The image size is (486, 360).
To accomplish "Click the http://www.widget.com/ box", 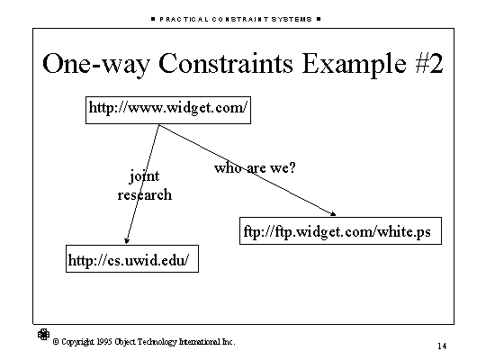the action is (168, 110).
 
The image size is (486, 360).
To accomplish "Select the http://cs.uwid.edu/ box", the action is (132, 258).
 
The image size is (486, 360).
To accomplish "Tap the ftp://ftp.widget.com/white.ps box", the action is (340, 230).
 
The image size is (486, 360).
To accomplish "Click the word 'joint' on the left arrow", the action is (144, 176).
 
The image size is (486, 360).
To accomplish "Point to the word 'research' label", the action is (144, 194).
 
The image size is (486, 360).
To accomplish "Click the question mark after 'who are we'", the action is (292, 167).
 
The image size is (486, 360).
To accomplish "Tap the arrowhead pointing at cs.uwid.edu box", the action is (127, 241).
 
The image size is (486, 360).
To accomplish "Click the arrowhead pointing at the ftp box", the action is (333, 213).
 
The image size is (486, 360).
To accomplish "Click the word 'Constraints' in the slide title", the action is (226, 63).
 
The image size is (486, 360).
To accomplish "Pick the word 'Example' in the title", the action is (354, 65).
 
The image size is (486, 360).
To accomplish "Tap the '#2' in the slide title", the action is (429, 63).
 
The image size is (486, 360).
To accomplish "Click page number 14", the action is (442, 346).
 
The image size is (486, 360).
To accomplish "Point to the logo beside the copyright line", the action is (43, 334).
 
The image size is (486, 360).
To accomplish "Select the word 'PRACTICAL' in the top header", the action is (184, 19).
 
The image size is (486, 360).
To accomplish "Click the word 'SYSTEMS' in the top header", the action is (292, 19).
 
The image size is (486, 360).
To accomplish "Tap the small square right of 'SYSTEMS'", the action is (319, 19).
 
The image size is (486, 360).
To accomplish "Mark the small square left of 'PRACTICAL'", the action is (153, 19).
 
